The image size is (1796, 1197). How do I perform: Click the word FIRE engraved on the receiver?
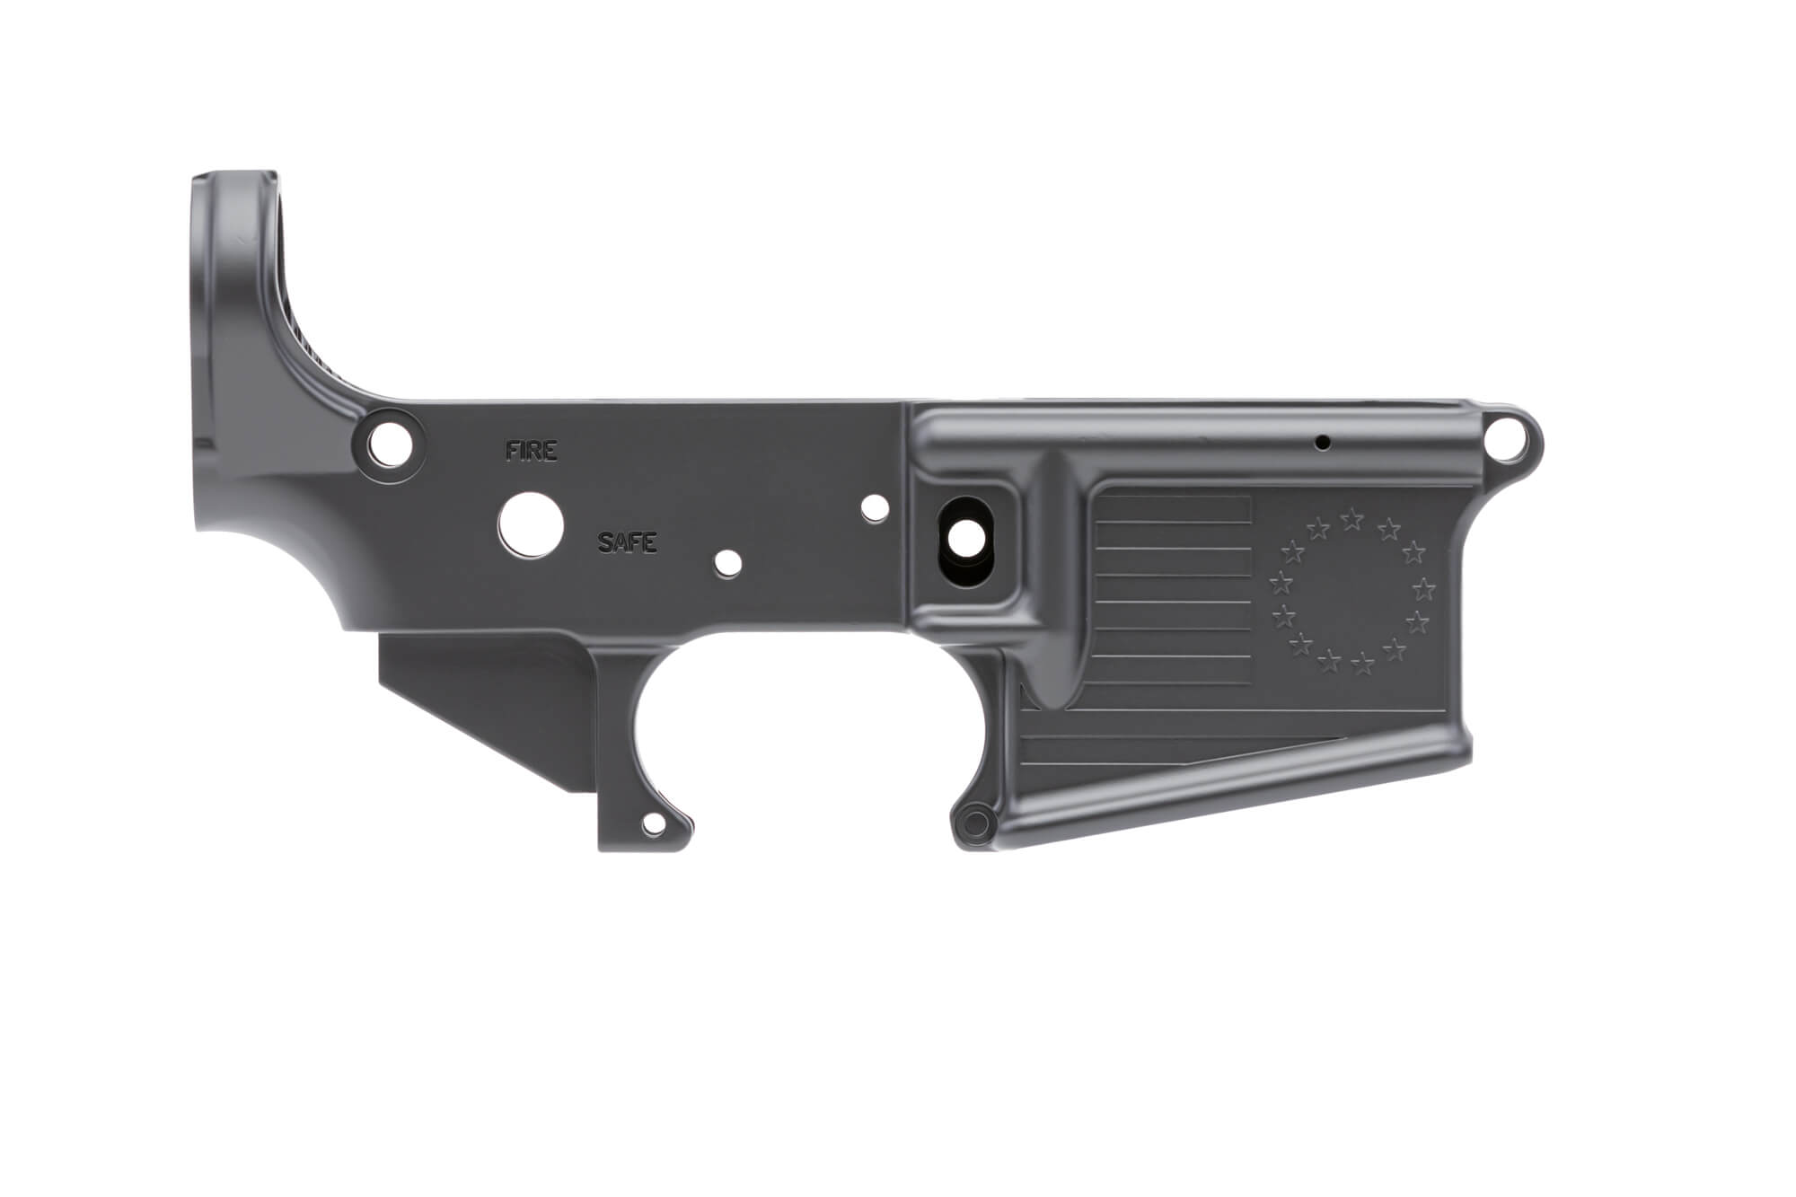point(531,451)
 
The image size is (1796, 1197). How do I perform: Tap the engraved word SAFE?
point(628,542)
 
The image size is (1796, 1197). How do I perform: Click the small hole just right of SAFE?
point(728,563)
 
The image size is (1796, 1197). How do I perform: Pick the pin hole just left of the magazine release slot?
point(871,507)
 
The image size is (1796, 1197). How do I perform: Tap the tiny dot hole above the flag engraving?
point(1322,442)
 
